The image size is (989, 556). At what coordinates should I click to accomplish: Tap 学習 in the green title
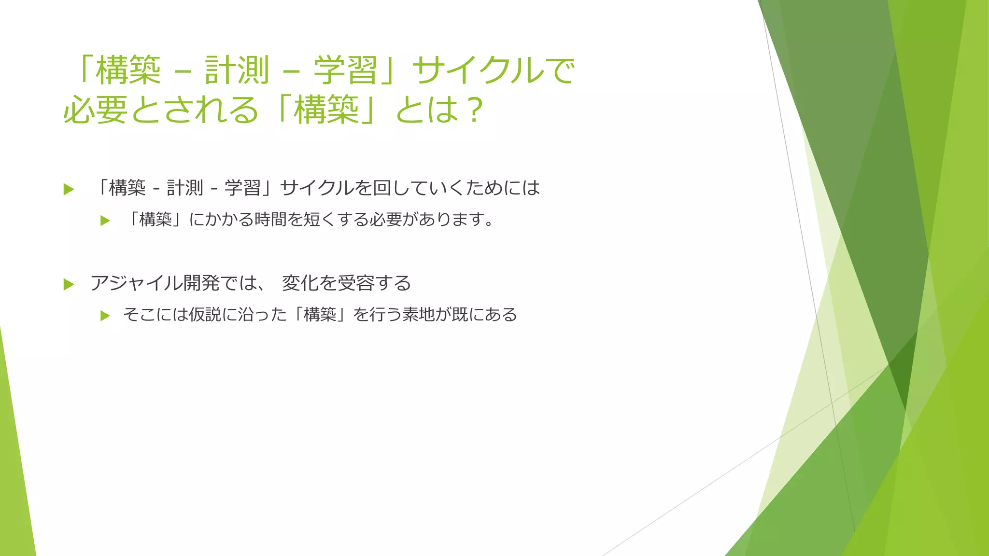345,70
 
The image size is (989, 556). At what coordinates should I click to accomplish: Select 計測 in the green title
237,70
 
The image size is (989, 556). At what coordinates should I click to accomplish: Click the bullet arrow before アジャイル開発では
69,284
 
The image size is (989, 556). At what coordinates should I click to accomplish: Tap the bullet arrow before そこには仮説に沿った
105,316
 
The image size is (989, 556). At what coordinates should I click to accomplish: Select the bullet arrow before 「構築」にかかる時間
105,221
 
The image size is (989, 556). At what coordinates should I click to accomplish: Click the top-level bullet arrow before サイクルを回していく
69,189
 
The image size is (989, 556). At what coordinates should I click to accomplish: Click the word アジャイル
130,283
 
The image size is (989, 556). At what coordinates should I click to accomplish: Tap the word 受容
356,283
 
